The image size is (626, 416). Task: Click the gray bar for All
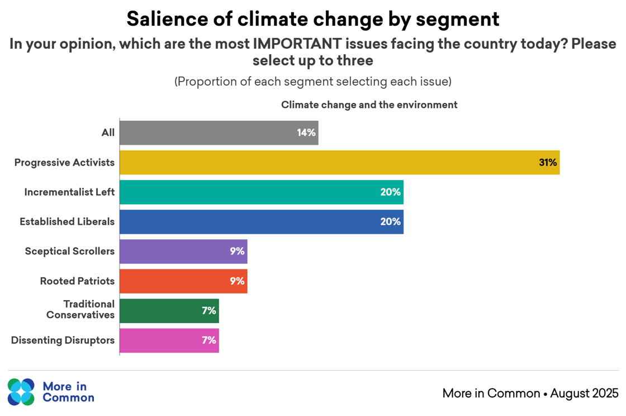tap(219, 133)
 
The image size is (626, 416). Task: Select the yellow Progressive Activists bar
tap(339, 163)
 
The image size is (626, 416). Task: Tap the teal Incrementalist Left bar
tap(261, 192)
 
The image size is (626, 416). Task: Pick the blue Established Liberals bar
tap(261, 222)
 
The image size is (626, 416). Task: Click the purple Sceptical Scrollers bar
tap(183, 252)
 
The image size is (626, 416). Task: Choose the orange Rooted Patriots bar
tap(183, 281)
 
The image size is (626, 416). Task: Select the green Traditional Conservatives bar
tap(169, 311)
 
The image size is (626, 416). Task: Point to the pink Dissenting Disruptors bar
tap(169, 341)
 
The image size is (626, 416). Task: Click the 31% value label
tap(548, 163)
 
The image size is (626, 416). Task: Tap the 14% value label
tap(306, 133)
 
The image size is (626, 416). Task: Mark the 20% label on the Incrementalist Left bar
tap(391, 192)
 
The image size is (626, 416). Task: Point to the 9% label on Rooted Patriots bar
tap(237, 281)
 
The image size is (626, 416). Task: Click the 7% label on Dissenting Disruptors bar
tap(209, 341)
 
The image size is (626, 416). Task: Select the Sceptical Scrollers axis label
tap(70, 252)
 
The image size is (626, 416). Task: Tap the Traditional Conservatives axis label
tap(81, 310)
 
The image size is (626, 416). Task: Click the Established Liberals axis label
tap(67, 222)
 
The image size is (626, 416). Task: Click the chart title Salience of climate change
tap(313, 19)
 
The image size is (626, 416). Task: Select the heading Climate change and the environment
tap(369, 105)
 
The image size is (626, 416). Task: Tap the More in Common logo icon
tap(21, 392)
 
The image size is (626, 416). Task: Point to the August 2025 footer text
tap(584, 393)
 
